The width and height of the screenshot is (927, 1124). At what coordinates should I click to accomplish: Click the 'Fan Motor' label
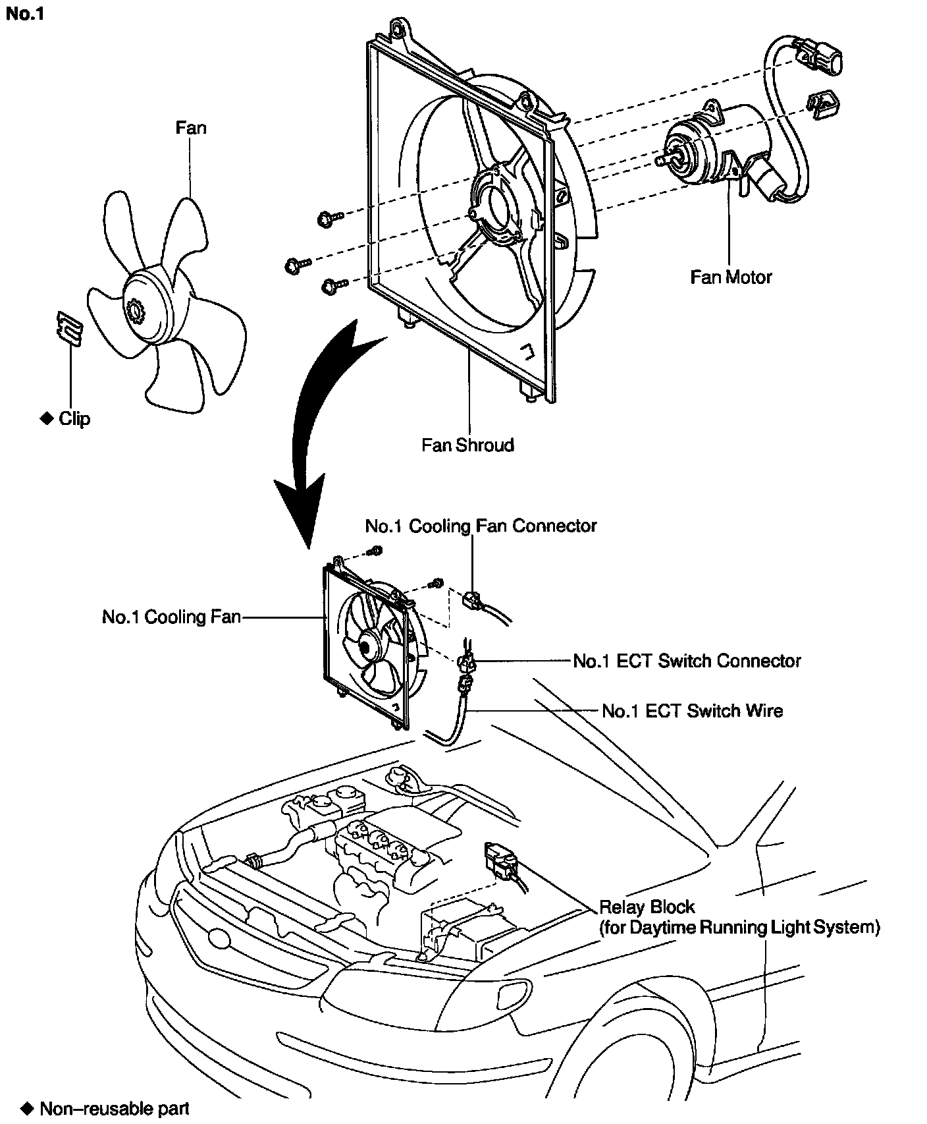730,277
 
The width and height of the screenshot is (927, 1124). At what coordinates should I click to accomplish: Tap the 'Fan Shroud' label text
467,445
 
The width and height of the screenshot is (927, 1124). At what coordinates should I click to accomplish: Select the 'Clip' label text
74,419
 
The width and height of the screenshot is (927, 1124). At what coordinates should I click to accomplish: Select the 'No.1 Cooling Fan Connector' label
481,526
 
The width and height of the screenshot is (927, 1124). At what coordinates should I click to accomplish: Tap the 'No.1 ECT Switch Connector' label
687,660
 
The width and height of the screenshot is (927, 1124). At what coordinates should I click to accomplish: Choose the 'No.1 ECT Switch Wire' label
692,711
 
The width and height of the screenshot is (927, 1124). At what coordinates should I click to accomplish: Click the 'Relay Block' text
647,907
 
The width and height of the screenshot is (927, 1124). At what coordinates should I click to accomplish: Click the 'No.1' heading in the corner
24,14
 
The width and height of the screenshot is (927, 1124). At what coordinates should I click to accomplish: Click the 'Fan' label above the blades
191,127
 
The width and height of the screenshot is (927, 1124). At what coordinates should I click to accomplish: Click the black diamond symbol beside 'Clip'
46,418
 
